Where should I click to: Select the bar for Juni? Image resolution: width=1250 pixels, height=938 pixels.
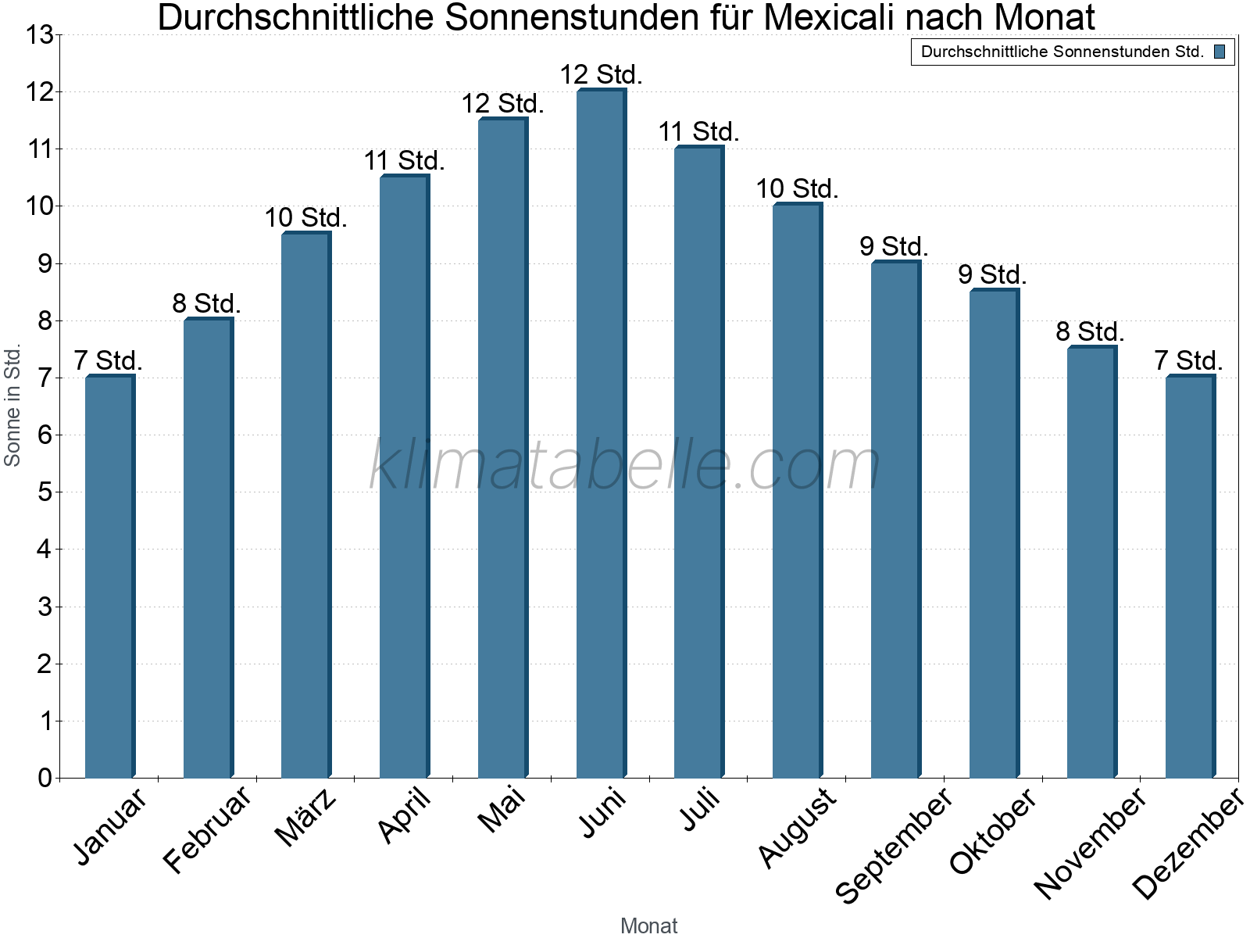[601, 434]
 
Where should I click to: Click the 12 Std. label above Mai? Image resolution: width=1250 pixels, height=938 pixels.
[502, 103]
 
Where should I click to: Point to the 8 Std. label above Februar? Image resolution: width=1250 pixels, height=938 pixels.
[207, 303]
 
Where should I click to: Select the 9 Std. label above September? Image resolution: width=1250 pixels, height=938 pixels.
[895, 246]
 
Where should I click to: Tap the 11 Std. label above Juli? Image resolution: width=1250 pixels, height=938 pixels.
[698, 132]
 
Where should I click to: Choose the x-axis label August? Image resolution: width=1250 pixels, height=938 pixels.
[797, 827]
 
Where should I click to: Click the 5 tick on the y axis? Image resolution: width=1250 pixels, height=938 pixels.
[45, 492]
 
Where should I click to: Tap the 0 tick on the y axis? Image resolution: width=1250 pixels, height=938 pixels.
[45, 778]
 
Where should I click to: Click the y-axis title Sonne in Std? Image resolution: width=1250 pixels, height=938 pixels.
[13, 406]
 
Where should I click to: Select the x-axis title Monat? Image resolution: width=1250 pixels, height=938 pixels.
[648, 925]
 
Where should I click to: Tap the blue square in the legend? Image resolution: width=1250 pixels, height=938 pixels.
[1220, 52]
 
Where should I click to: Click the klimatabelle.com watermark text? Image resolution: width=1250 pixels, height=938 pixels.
[625, 465]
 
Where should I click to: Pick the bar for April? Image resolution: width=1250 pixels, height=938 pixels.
[404, 477]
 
